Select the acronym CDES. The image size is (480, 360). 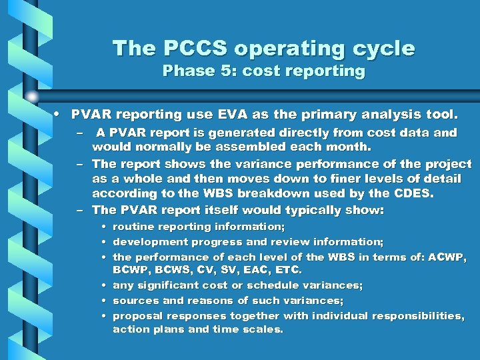(x=413, y=194)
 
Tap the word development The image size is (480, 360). (x=145, y=241)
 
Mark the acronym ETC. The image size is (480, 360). (x=287, y=270)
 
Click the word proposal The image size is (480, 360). (x=137, y=315)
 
